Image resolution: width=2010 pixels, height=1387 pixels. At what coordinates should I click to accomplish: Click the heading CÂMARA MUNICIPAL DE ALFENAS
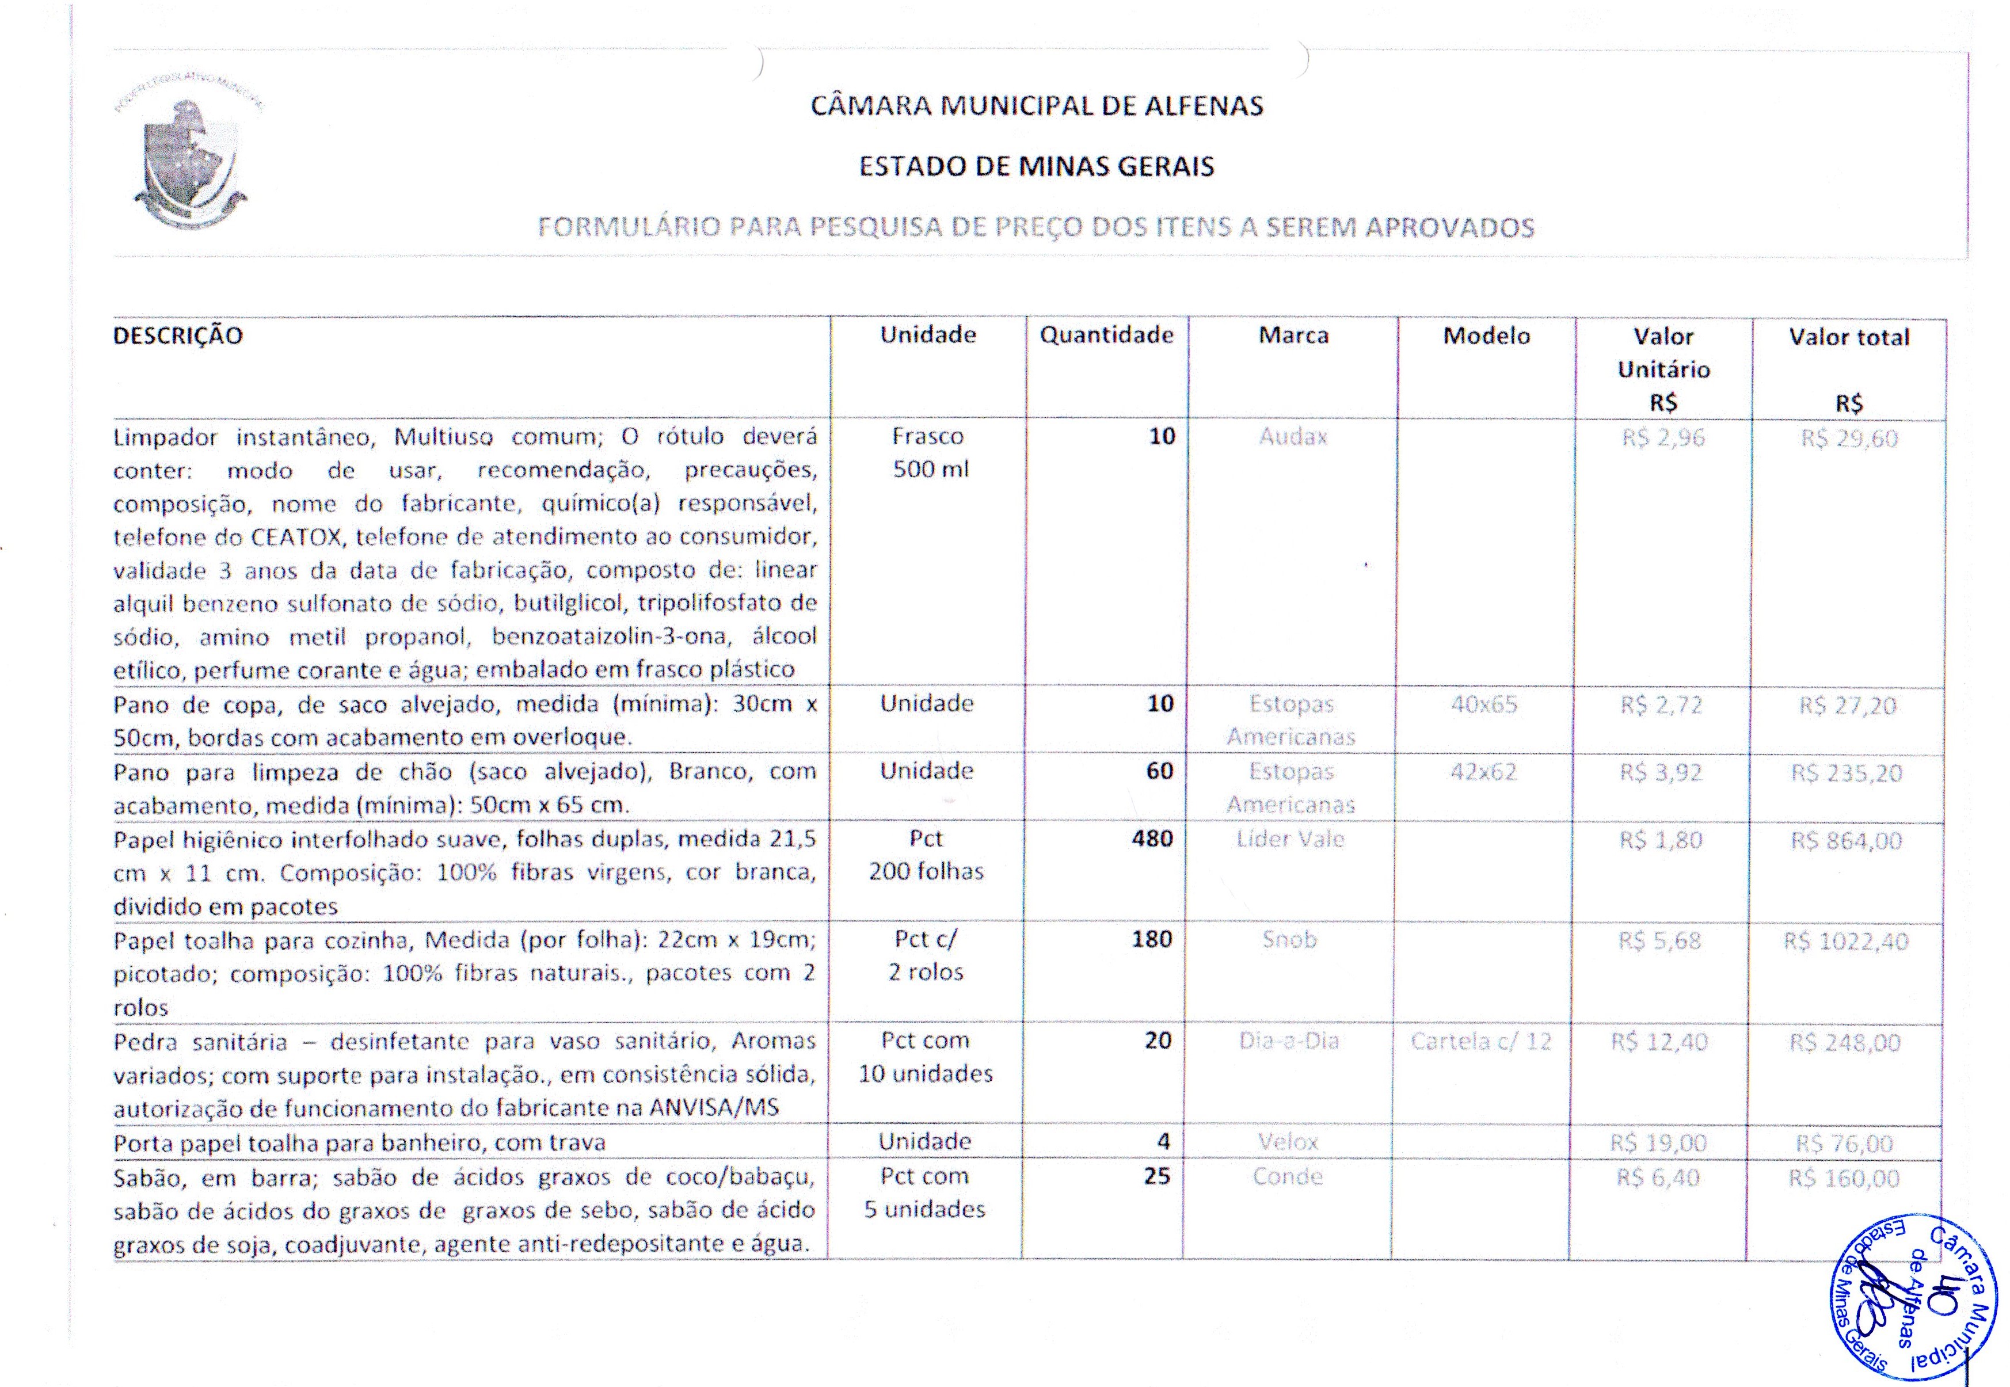[x=1037, y=106]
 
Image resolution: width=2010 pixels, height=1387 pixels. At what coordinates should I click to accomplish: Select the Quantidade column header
[x=1106, y=336]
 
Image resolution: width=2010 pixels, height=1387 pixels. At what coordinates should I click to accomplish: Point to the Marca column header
[x=1293, y=336]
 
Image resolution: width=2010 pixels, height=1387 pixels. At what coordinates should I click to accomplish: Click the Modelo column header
[x=1486, y=336]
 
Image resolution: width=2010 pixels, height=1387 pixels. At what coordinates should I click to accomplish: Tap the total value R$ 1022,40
[x=1846, y=941]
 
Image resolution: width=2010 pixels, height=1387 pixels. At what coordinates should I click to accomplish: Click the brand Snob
[x=1289, y=939]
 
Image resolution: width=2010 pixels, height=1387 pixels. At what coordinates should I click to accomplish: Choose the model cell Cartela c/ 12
[x=1481, y=1041]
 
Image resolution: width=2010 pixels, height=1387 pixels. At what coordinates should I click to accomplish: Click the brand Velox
[x=1288, y=1142]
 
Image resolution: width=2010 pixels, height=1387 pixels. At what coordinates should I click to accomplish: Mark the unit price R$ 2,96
[x=1662, y=438]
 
